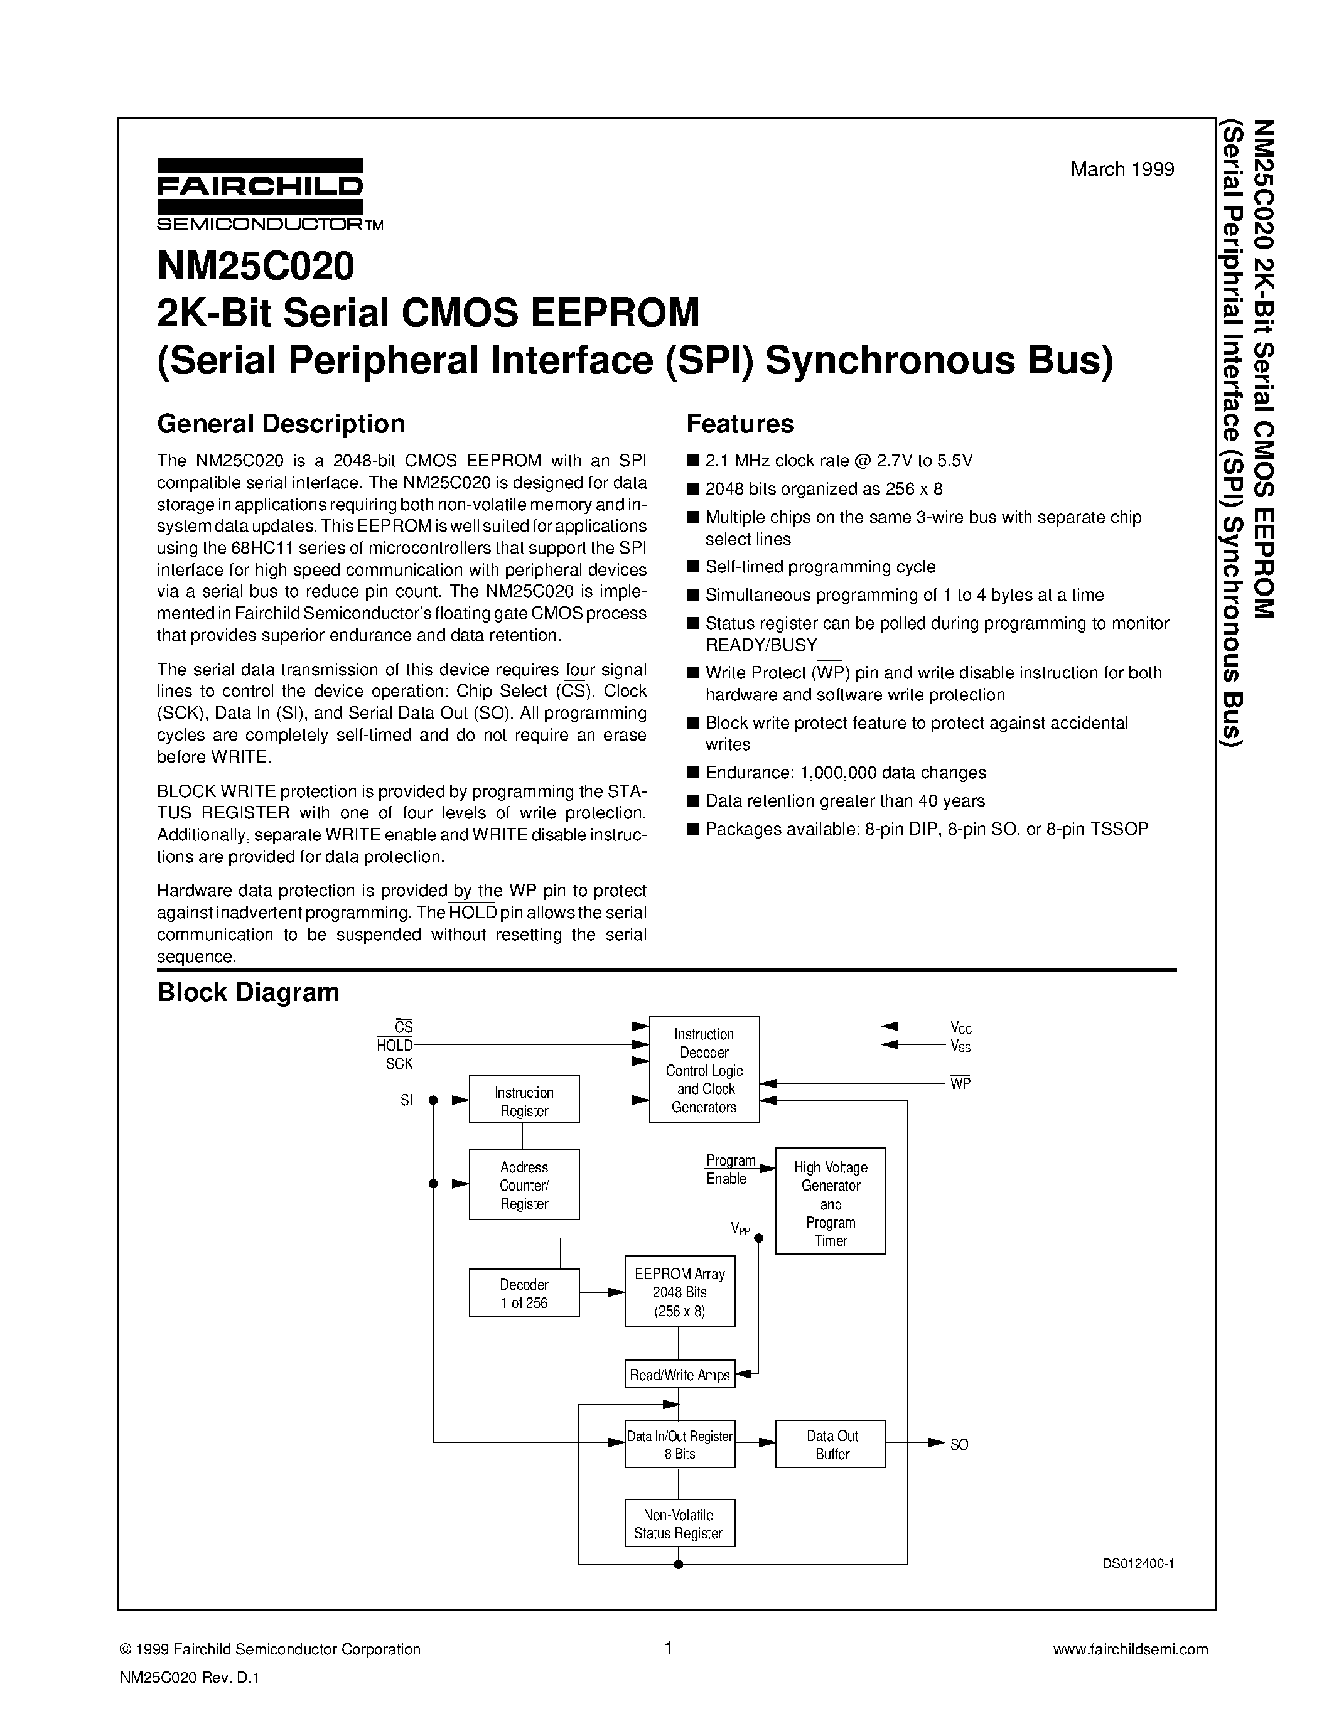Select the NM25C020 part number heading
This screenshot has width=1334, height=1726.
coord(256,266)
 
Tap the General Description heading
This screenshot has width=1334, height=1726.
coord(281,424)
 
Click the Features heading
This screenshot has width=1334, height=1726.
coord(740,424)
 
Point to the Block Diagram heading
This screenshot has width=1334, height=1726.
coord(248,993)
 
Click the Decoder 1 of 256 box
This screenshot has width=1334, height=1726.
coord(524,1294)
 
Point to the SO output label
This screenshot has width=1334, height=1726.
coord(959,1445)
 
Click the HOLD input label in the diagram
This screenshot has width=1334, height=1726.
coord(394,1046)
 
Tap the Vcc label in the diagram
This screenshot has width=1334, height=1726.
coord(961,1028)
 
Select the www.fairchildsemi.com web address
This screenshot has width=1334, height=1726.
coord(1131,1649)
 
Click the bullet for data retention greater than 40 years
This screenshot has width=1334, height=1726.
coord(693,801)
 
